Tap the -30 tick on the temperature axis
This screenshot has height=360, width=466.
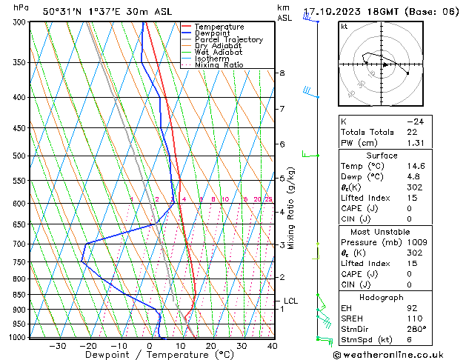57,345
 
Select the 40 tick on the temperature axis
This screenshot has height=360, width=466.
273,345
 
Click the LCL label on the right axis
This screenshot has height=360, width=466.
290,301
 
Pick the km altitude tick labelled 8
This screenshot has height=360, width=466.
282,73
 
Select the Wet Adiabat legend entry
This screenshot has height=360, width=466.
218,53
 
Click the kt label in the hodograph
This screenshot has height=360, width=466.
344,26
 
